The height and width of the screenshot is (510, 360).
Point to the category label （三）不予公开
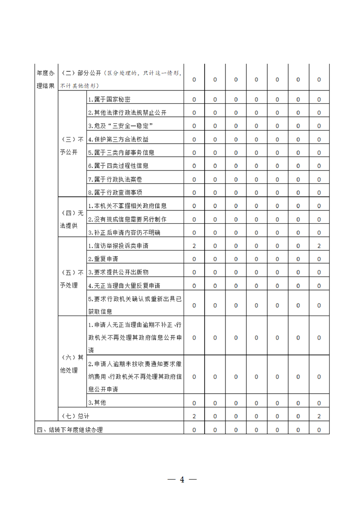tap(72, 145)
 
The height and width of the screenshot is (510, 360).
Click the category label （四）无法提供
tap(72, 219)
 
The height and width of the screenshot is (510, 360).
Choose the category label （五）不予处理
tap(72, 279)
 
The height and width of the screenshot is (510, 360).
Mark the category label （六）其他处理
tap(72, 364)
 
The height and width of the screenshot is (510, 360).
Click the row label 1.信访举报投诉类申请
tap(118, 246)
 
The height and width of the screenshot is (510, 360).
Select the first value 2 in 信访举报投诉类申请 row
tap(194, 246)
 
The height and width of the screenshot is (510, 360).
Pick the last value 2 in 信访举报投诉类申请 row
tap(319, 246)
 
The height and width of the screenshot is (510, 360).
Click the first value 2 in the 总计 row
tap(194, 416)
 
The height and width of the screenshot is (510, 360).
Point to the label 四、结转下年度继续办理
tap(70, 430)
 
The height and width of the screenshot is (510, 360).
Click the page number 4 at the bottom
tap(182, 480)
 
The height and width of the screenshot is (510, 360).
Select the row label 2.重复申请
tap(103, 259)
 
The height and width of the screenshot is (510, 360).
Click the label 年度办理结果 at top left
tap(46, 79)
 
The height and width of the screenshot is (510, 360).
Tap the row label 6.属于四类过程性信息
tap(118, 166)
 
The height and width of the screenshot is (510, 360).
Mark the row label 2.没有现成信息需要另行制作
tap(127, 219)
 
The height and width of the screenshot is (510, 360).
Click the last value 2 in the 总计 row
tap(319, 416)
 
